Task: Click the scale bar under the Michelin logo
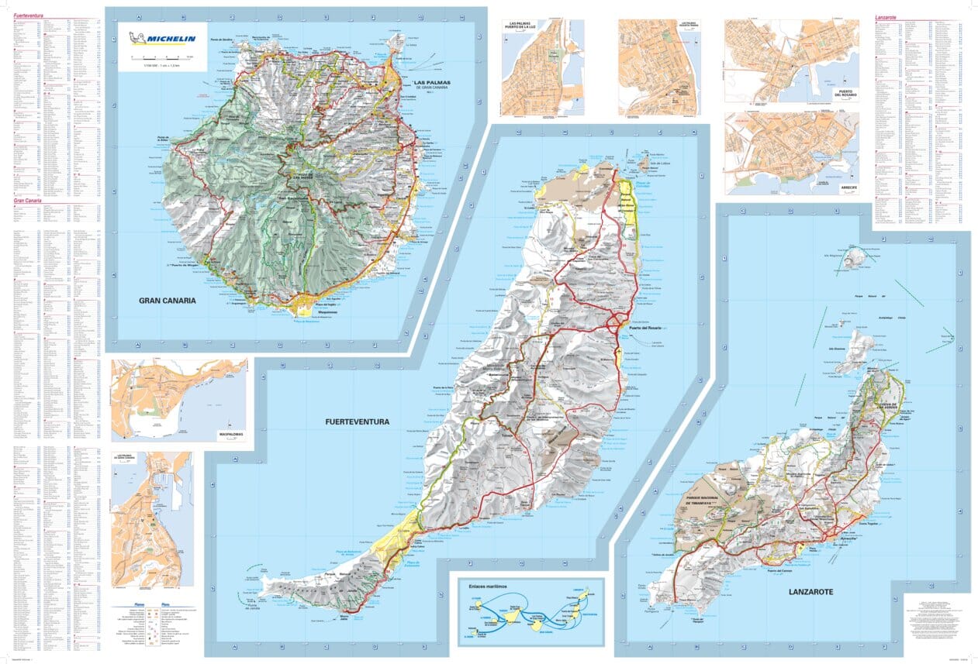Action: pyautogui.click(x=162, y=58)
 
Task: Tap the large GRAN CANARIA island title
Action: pyautogui.click(x=167, y=301)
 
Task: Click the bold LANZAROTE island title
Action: pyautogui.click(x=810, y=591)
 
